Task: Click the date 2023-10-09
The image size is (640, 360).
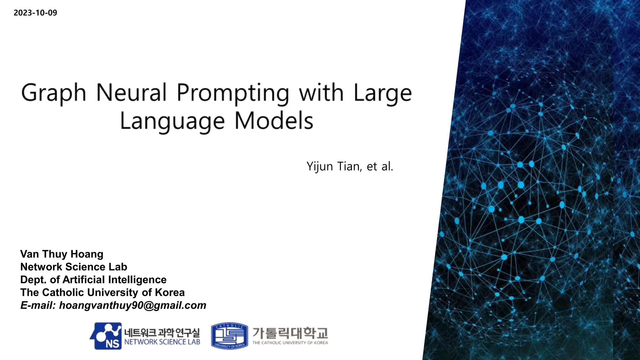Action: (35, 13)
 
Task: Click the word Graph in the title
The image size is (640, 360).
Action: (53, 93)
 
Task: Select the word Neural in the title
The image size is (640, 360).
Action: (131, 92)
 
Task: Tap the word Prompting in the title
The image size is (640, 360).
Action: (233, 93)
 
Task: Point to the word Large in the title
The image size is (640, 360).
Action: (383, 93)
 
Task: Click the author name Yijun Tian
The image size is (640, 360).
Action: (334, 166)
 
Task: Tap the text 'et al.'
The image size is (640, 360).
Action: (380, 166)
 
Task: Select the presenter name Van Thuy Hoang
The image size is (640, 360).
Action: (62, 254)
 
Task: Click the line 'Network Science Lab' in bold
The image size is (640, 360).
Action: (74, 267)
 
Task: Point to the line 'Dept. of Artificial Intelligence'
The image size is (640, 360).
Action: (93, 280)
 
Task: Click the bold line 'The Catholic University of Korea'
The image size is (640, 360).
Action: (102, 292)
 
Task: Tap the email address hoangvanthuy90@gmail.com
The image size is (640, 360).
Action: (132, 305)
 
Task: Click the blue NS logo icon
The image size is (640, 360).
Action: (106, 336)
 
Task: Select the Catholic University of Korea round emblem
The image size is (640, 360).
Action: (229, 336)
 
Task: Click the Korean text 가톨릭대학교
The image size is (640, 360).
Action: (290, 333)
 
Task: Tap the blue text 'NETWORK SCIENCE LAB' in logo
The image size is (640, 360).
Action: (162, 342)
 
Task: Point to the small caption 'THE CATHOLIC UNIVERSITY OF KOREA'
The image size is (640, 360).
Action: (290, 343)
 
